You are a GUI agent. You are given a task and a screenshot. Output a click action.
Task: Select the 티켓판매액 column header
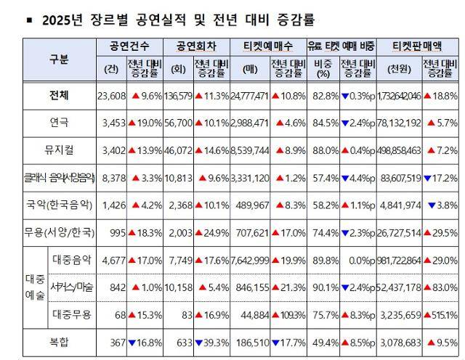click(421, 45)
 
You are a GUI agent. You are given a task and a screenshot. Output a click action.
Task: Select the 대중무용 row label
click(73, 314)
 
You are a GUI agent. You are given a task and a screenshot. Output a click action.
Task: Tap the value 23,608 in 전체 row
click(112, 95)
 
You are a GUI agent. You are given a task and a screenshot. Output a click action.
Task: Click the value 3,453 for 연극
click(114, 123)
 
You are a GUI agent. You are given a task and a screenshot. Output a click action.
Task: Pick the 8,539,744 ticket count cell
click(250, 150)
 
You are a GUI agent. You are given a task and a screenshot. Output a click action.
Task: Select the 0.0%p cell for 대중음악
click(358, 259)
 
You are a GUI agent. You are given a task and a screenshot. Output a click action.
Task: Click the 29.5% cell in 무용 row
click(441, 232)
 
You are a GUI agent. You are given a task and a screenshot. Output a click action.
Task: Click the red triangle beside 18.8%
click(428, 95)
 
